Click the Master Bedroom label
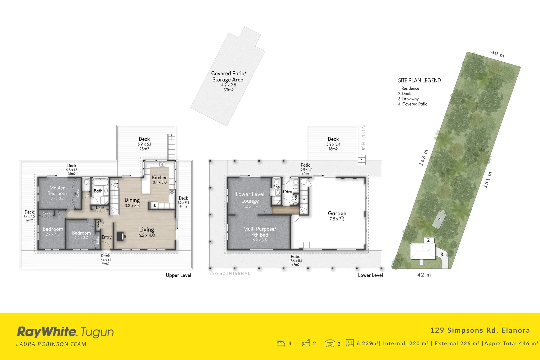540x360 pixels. pyautogui.click(x=57, y=191)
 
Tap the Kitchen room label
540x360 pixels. pyautogui.click(x=160, y=178)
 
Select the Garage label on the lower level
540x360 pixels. pyautogui.click(x=337, y=213)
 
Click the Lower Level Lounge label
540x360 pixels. pyautogui.click(x=250, y=197)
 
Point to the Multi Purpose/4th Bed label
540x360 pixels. pyautogui.click(x=260, y=232)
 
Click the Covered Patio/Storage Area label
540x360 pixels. pyautogui.click(x=228, y=77)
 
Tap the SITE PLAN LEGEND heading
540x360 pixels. pyautogui.click(x=419, y=80)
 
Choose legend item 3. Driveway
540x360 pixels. pyautogui.click(x=408, y=99)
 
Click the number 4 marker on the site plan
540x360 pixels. pyautogui.click(x=439, y=220)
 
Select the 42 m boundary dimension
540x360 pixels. pyautogui.click(x=424, y=275)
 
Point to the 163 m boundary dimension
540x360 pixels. pyautogui.click(x=423, y=158)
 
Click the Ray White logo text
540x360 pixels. pyautogui.click(x=47, y=332)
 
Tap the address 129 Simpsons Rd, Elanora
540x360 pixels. pyautogui.click(x=480, y=330)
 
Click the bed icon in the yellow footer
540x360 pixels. pyautogui.click(x=281, y=343)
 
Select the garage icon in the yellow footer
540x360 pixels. pyautogui.click(x=330, y=343)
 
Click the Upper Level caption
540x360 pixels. pyautogui.click(x=179, y=275)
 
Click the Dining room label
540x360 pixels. pyautogui.click(x=132, y=200)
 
